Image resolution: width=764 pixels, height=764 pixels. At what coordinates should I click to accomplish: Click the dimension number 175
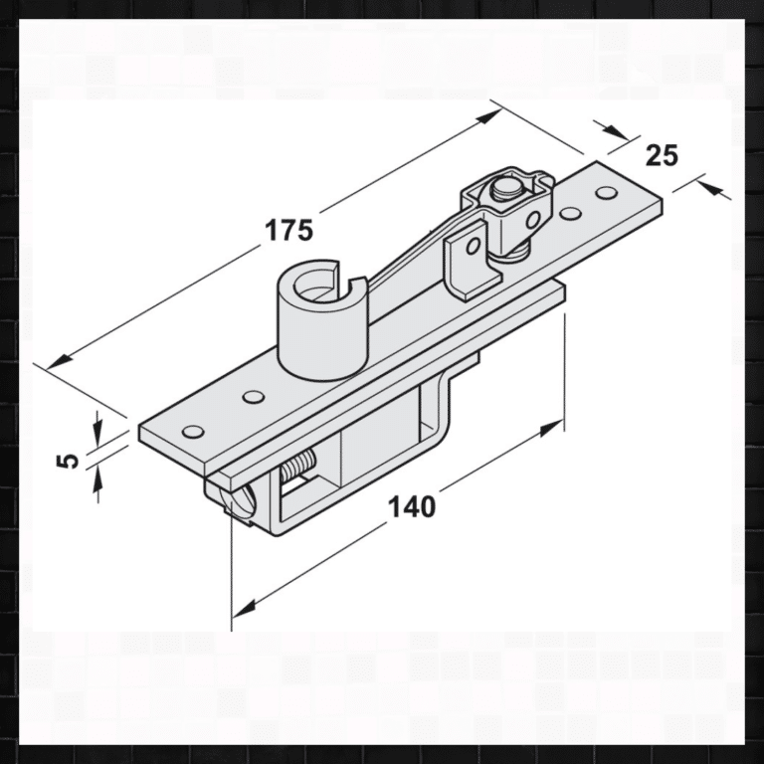pos(288,230)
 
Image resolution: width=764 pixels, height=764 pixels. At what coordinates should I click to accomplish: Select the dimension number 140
pos(411,506)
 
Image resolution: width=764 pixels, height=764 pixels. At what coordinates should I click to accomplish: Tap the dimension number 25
pos(662,155)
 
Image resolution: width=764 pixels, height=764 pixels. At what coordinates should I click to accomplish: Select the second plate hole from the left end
pos(254,398)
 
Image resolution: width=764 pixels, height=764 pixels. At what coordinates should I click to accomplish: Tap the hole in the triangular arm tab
pos(474,244)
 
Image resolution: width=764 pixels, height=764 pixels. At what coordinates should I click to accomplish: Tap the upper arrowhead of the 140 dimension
pos(550,429)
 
